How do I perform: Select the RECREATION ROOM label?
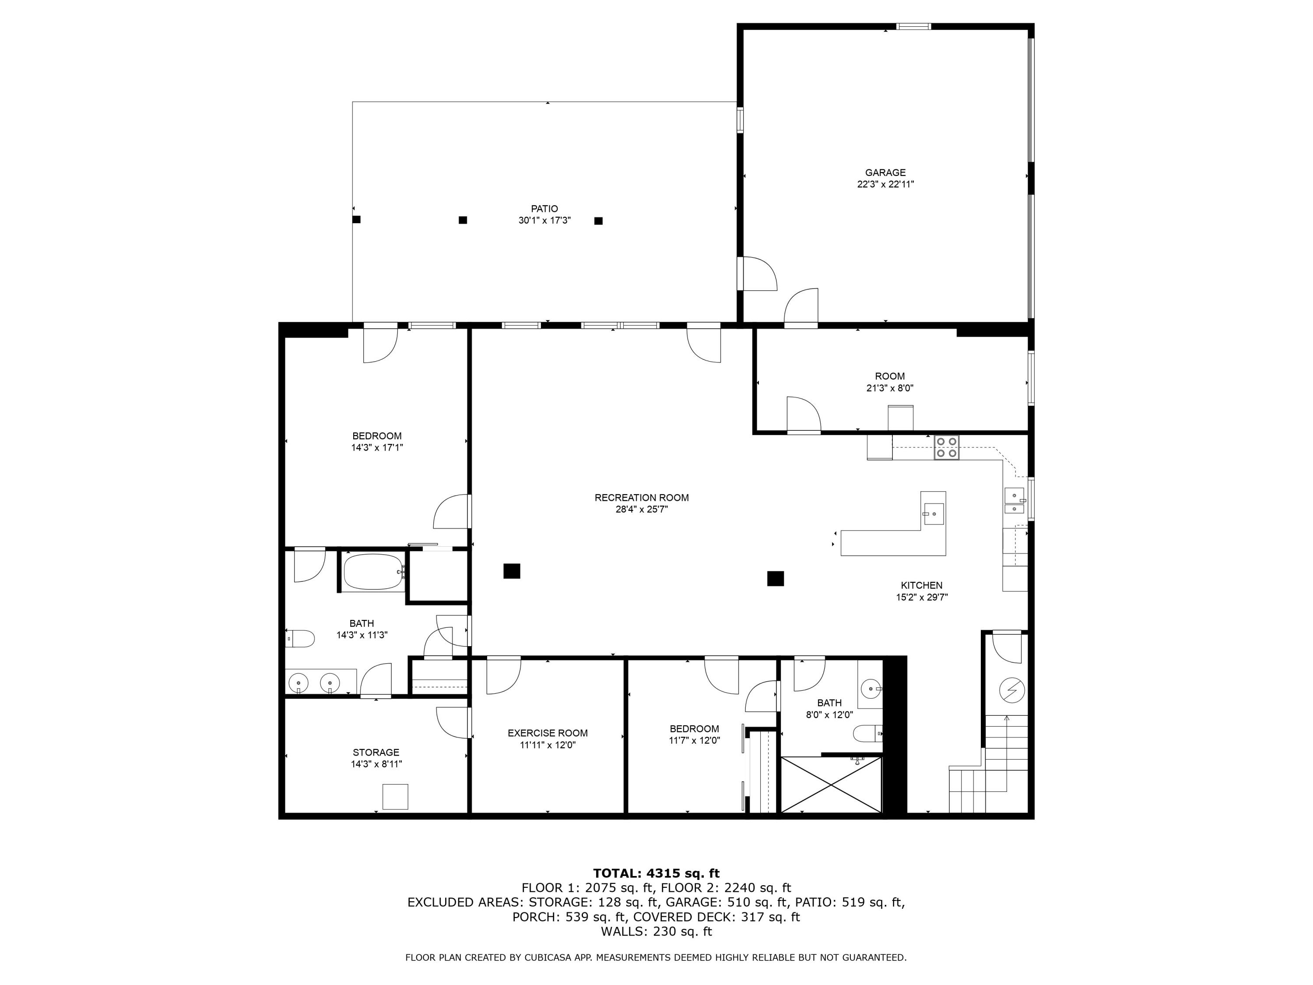pos(642,498)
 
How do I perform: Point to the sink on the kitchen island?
pos(933,512)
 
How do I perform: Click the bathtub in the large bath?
pos(373,572)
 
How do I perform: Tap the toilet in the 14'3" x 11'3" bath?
pos(301,639)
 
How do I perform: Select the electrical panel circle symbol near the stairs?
pos(1011,690)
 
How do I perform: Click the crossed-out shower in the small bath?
pos(832,784)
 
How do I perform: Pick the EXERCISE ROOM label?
pos(547,733)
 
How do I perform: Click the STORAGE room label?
pos(376,752)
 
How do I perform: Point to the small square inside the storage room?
pos(395,796)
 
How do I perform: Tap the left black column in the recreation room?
pos(512,570)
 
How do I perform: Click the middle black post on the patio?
pos(463,220)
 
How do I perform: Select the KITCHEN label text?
pos(921,585)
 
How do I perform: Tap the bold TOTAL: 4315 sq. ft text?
pos(656,873)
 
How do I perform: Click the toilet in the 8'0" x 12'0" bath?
pos(868,734)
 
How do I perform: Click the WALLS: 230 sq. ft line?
pos(656,932)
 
